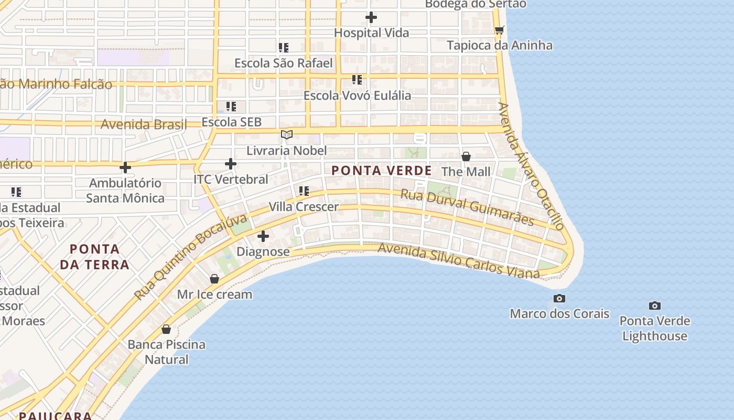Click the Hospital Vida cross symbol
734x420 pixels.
371,17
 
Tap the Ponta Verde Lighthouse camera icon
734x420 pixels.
654,306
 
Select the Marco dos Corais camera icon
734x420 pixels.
559,298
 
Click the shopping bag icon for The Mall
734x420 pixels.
466,156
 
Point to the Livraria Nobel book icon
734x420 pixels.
286,135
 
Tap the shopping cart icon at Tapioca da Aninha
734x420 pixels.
499,30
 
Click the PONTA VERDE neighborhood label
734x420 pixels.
382,171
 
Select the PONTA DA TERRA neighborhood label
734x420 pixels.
94,257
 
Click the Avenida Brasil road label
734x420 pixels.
144,124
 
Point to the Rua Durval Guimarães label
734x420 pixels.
467,207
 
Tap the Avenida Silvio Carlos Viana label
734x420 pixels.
458,260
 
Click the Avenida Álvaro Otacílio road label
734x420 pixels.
531,166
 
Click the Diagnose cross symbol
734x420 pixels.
263,236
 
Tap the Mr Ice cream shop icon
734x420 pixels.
214,279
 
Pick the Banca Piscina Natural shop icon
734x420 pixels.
166,329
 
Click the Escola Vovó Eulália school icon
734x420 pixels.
357,80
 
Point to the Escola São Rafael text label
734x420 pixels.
283,63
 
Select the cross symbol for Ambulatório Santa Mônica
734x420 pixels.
125,167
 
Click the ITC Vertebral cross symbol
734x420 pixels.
231,164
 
